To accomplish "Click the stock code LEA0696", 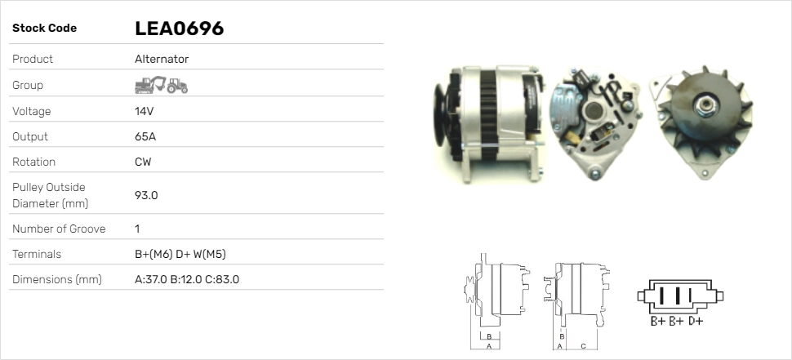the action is (x=180, y=29).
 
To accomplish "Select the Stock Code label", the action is (x=44, y=29).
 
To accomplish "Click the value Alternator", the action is (x=162, y=59).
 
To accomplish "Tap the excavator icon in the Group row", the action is (x=150, y=85).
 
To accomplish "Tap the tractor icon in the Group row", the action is (x=177, y=86).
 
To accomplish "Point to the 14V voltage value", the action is (x=144, y=111).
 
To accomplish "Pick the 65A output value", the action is (x=145, y=137).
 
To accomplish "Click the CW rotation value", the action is (x=143, y=162).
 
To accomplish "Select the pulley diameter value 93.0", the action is (x=146, y=195).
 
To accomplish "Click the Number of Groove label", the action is (x=59, y=229).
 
